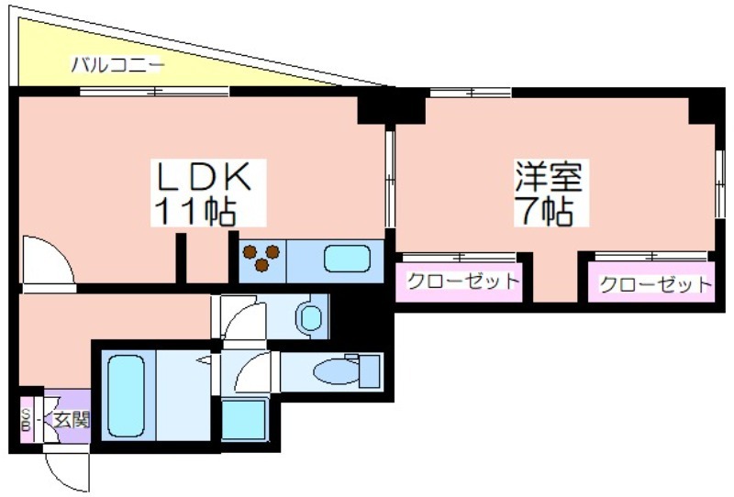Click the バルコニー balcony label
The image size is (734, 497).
coord(117,65)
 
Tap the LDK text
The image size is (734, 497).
coord(204,176)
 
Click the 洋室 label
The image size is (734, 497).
coord(549,176)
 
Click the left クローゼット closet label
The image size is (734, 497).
coord(463,281)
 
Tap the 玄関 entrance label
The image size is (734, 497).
coord(71,420)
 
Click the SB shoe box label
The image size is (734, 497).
coord(27,419)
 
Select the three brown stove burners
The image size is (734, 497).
coord(261,257)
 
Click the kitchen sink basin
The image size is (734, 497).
coord(347,259)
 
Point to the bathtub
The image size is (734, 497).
coord(126,395)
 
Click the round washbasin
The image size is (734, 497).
coord(309,317)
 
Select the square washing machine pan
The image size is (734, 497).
coord(245,419)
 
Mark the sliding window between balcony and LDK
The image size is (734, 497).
coord(154,92)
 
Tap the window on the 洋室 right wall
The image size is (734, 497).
coord(720,183)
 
